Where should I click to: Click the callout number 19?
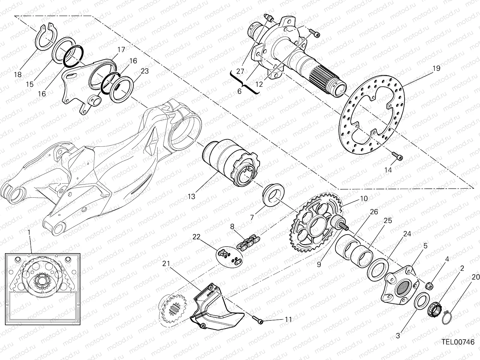pos(436,68)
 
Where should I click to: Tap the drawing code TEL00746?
pos(458,342)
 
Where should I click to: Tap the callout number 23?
pos(145,71)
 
